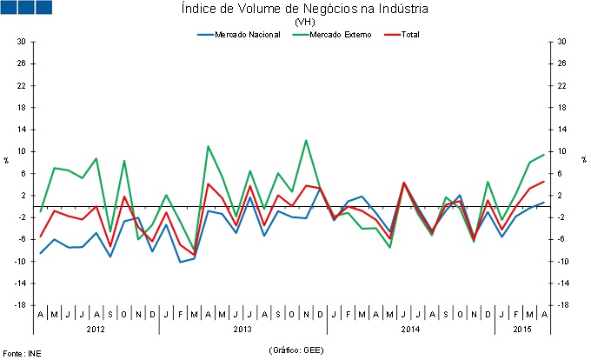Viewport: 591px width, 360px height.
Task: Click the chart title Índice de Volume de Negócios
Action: pyautogui.click(x=305, y=10)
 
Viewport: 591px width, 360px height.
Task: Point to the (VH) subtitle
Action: pyautogui.click(x=305, y=22)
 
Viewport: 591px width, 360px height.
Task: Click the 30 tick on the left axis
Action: pyautogui.click(x=21, y=42)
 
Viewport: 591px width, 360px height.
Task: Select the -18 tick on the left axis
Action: pyautogui.click(x=19, y=305)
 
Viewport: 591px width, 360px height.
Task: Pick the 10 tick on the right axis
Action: pyautogui.click(x=561, y=151)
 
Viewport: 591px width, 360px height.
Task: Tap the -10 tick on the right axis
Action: pyautogui.click(x=562, y=261)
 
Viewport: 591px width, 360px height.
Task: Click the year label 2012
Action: pyautogui.click(x=96, y=330)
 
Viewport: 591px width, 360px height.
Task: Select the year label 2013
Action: pyautogui.click(x=243, y=330)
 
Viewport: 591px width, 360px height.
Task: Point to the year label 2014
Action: pyautogui.click(x=411, y=330)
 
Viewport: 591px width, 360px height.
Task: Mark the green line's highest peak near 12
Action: pyautogui.click(x=306, y=140)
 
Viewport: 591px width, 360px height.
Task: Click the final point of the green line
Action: pyautogui.click(x=544, y=155)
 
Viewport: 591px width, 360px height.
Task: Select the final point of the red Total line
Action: pyautogui.click(x=544, y=182)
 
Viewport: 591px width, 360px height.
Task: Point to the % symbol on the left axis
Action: pyautogui.click(x=6, y=160)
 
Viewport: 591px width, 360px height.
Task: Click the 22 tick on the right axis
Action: pyautogui.click(x=561, y=85)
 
